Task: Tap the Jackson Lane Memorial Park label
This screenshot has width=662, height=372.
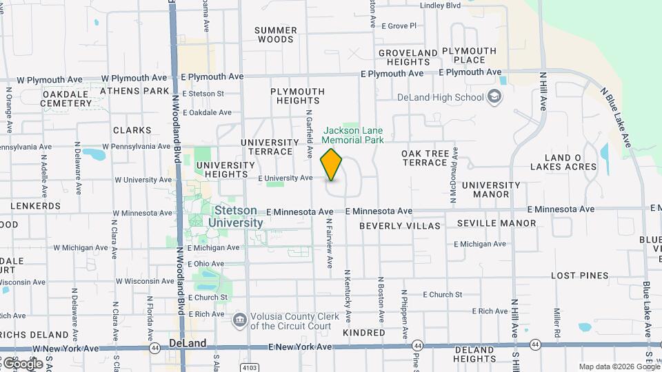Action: (x=354, y=134)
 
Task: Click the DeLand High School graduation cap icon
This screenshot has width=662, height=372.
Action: (x=494, y=96)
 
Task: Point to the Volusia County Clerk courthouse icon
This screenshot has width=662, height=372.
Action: (x=239, y=319)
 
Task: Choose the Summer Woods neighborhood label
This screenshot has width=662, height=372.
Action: (x=276, y=34)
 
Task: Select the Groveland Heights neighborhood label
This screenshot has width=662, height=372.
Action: (x=408, y=57)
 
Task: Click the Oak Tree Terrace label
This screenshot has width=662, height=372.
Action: (x=425, y=158)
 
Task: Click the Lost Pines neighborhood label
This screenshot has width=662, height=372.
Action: (x=579, y=276)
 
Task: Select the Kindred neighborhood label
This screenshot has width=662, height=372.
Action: (x=363, y=333)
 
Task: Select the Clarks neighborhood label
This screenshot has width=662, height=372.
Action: (x=132, y=130)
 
